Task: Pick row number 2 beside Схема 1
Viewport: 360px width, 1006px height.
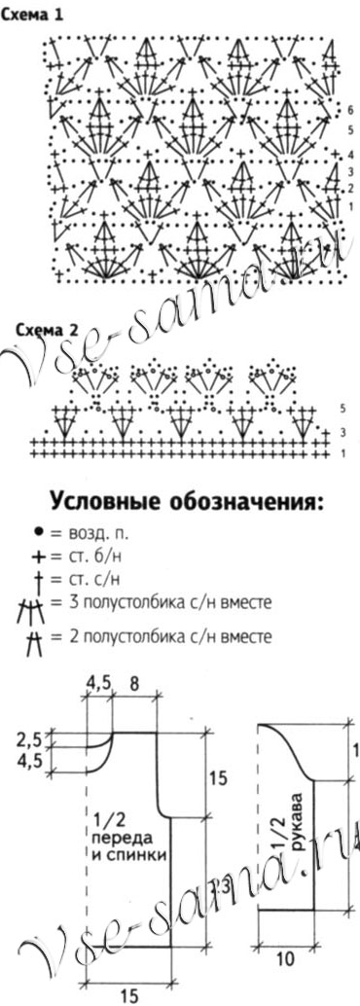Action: coord(349,187)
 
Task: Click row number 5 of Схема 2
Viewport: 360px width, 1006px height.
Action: coord(342,409)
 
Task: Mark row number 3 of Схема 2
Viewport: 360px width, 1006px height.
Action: coord(342,432)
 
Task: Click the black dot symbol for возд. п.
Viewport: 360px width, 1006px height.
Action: coord(37,533)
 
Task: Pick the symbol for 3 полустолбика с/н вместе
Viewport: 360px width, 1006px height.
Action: coord(37,609)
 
